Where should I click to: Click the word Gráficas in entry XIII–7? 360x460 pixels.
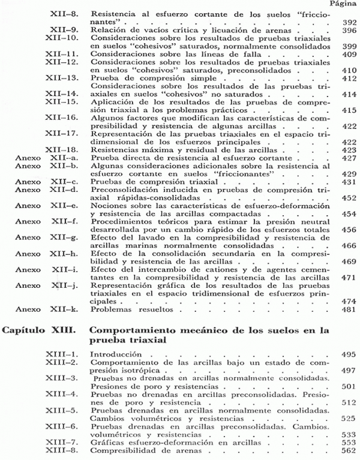pos(104,441)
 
